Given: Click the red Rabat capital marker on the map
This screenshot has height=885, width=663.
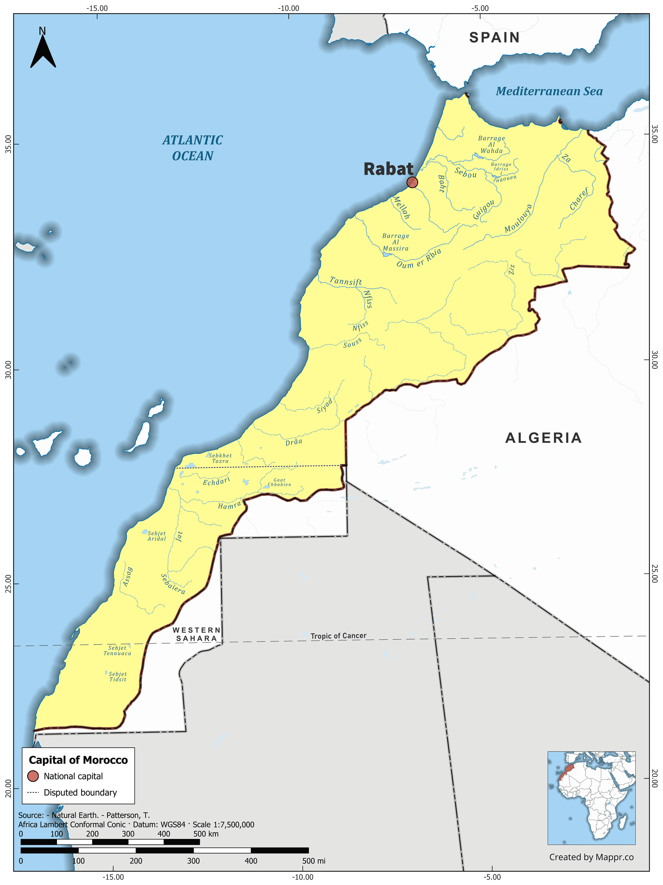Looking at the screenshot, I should click(x=412, y=182).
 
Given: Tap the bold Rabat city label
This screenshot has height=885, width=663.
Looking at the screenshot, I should click(x=388, y=169).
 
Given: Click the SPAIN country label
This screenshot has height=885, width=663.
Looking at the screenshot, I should click(x=494, y=38).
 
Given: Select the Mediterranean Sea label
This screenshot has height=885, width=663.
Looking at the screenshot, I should click(x=549, y=91).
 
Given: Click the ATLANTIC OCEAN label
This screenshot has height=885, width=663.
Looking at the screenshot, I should click(x=192, y=148).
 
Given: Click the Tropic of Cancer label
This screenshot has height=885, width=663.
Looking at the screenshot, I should click(x=338, y=636).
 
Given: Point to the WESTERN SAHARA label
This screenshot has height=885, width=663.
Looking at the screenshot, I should click(x=196, y=634).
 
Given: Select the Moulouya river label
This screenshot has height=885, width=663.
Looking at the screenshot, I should click(x=518, y=218).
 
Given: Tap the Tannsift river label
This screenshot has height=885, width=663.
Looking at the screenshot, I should click(x=346, y=281).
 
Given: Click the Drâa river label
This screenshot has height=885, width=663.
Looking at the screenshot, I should click(x=294, y=442).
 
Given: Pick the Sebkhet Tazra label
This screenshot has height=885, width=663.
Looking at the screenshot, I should click(x=220, y=458).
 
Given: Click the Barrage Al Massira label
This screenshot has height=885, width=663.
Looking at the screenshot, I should click(x=396, y=242).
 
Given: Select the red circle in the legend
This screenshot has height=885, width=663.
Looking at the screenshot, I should click(x=33, y=776).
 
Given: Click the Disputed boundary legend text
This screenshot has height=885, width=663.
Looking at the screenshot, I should click(x=80, y=792).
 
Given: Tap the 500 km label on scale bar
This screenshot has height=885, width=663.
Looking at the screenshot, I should click(x=206, y=834).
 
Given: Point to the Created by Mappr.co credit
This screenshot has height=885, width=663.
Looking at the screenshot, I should click(x=591, y=857).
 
